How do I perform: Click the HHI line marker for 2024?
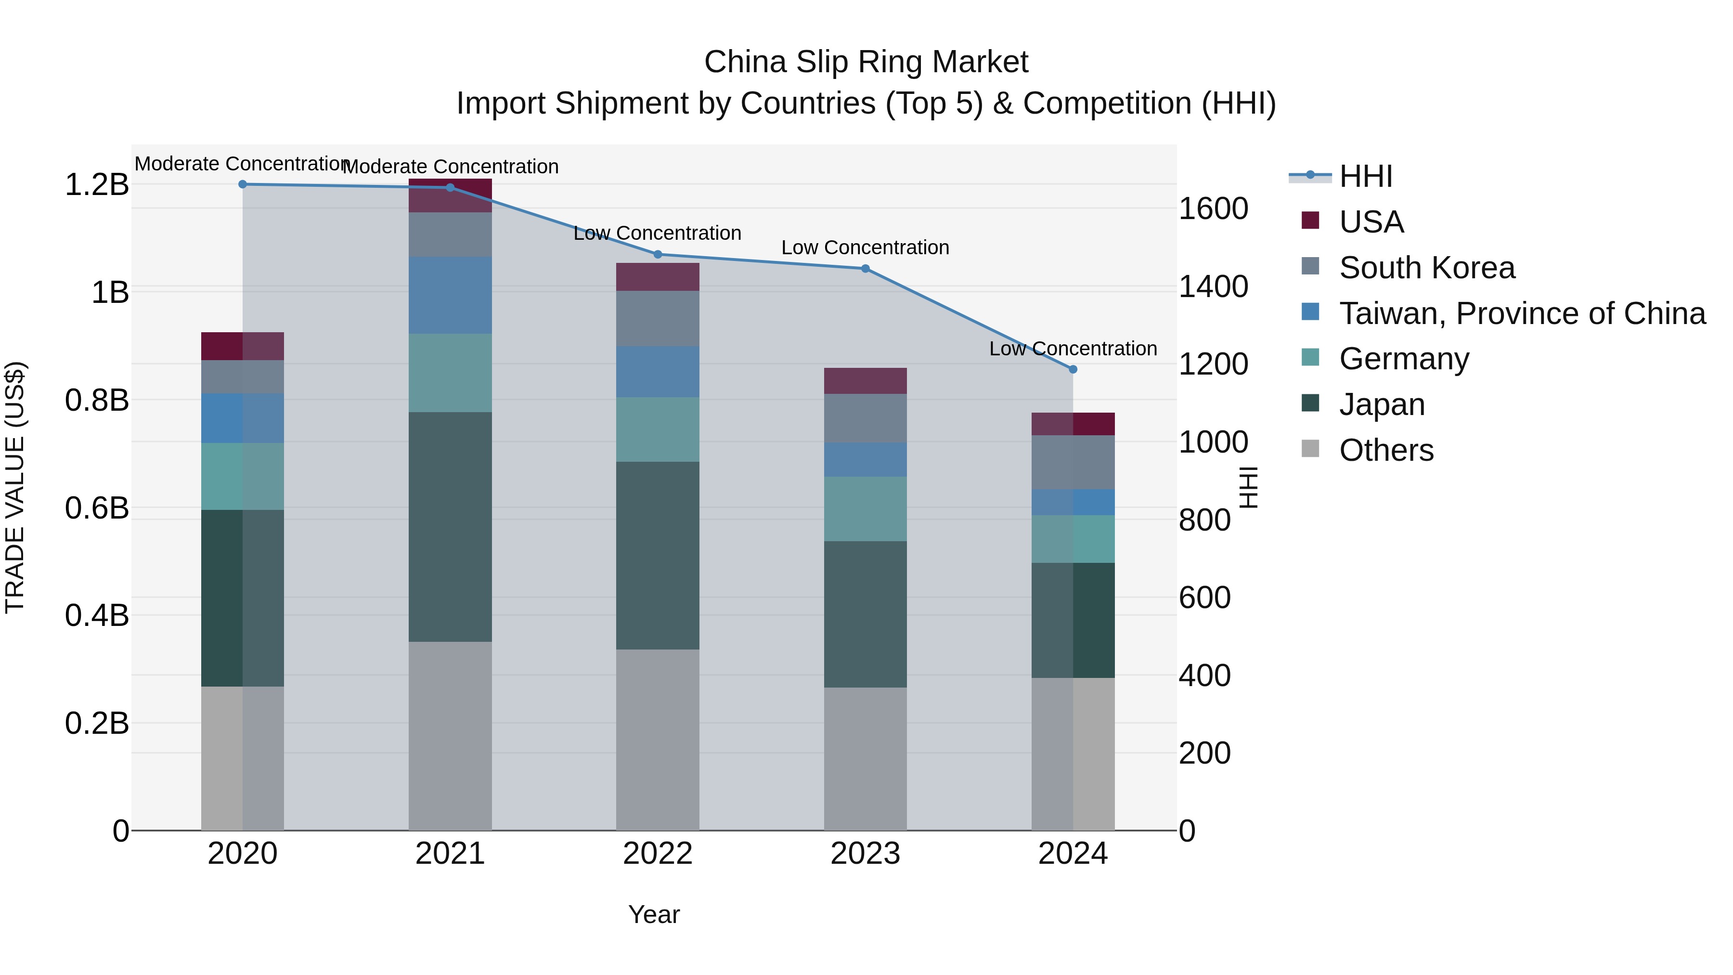coord(1073,369)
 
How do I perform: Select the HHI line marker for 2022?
coord(658,254)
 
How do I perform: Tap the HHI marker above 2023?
coord(866,269)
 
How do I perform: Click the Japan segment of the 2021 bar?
coord(450,526)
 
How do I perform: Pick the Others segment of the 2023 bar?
coord(866,758)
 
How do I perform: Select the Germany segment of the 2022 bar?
coord(658,429)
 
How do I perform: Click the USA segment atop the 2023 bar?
coord(866,381)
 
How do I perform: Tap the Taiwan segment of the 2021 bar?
coord(450,295)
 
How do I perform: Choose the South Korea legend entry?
coord(1426,268)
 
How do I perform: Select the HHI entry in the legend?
coord(1366,176)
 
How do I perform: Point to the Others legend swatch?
coord(1310,449)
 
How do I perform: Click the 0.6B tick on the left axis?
coord(97,508)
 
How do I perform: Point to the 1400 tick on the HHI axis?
coord(1213,286)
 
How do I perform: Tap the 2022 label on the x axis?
coord(658,854)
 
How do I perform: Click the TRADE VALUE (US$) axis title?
coord(15,487)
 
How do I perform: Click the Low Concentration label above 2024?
coord(1073,349)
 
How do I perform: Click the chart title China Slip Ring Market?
coord(866,62)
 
